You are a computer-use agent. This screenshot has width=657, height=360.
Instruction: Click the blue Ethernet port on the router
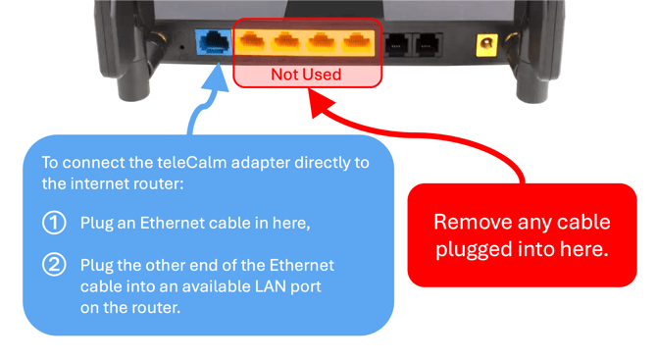[213, 42]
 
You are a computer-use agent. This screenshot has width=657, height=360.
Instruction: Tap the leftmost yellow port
[253, 42]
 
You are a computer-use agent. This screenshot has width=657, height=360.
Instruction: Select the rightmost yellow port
[358, 42]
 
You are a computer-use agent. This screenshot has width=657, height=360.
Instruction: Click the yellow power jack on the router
[485, 44]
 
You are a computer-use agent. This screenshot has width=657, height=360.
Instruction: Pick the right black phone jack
[429, 43]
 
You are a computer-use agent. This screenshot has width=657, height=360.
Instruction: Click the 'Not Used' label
[306, 75]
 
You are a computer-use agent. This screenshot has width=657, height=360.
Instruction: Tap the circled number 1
[54, 223]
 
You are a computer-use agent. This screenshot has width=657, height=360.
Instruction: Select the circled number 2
[54, 265]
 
